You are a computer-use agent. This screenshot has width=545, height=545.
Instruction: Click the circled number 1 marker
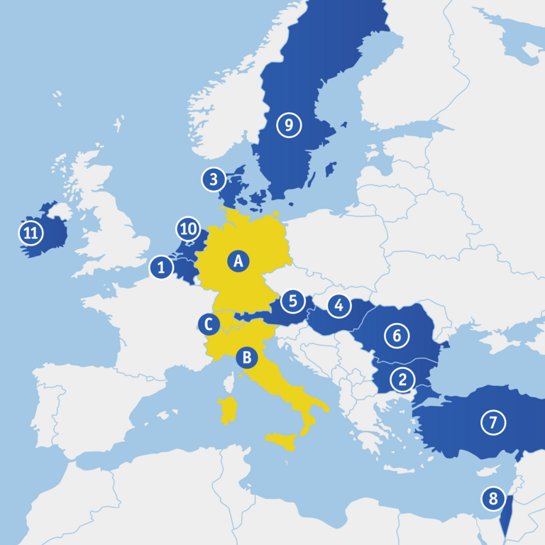(x=162, y=268)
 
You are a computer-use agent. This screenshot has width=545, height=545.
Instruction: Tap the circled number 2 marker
(x=402, y=380)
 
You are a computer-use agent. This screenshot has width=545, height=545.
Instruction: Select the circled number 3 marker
(x=213, y=180)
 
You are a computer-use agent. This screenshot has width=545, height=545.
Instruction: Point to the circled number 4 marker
(x=339, y=306)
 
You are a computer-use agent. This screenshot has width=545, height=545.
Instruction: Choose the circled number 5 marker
(x=292, y=301)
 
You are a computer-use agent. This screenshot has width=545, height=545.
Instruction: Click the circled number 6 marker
(x=397, y=335)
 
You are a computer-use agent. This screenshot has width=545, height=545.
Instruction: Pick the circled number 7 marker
(x=493, y=422)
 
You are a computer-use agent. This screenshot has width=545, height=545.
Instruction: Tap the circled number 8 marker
(x=493, y=498)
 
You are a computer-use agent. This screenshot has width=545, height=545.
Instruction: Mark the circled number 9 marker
(x=289, y=126)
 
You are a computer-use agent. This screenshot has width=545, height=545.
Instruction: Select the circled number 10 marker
(x=188, y=229)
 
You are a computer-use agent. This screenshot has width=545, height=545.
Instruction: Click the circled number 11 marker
(x=31, y=232)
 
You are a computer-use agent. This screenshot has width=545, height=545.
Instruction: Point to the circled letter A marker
(x=239, y=261)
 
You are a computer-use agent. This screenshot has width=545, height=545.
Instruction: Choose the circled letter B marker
(x=247, y=358)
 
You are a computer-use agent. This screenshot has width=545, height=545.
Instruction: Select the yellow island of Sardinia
(x=228, y=409)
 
